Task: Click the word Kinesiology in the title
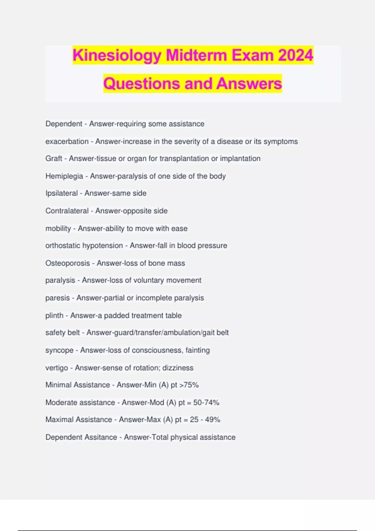tap(117, 55)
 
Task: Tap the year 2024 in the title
tap(295, 55)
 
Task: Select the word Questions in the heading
tap(142, 84)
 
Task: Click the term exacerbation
tap(67, 141)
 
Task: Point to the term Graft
tap(54, 159)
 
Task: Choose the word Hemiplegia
tap(64, 176)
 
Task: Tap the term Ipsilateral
tap(62, 193)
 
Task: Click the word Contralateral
tap(67, 211)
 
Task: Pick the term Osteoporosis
tap(67, 263)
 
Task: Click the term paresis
tap(57, 298)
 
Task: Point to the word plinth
tap(54, 315)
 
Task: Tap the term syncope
tap(59, 350)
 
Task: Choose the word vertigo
tap(57, 368)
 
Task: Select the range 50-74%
tap(206, 403)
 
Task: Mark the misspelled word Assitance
tap(100, 437)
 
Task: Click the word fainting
tap(197, 350)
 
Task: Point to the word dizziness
tap(178, 368)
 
